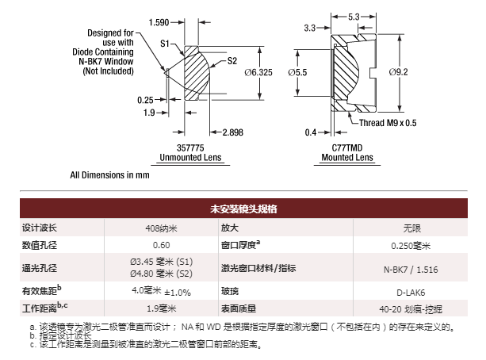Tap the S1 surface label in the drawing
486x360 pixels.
point(166,44)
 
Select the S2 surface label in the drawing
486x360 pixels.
point(232,60)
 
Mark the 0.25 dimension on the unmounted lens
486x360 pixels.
point(145,100)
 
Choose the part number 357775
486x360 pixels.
point(193,147)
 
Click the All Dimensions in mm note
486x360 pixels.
point(110,174)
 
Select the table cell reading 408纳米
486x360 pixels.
point(162,228)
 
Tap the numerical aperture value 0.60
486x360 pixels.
point(162,246)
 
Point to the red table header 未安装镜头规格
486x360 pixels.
point(243,209)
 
